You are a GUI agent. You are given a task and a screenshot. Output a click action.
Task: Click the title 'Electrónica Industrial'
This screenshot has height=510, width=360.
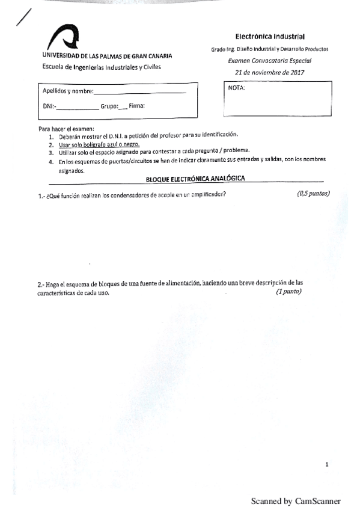[270, 37]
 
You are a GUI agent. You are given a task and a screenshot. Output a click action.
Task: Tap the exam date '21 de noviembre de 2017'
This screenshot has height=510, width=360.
[270, 72]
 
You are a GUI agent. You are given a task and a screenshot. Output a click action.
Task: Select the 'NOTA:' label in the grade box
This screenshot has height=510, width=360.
[237, 88]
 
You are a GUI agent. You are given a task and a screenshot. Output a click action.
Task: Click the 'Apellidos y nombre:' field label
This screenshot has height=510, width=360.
[68, 91]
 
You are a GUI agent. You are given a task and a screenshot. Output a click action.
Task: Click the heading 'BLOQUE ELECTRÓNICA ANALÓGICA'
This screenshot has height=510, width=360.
[195, 179]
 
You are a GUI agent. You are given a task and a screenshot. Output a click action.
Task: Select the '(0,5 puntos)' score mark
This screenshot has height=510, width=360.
[313, 194]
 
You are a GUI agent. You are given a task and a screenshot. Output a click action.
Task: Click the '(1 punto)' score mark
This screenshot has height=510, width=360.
[288, 292]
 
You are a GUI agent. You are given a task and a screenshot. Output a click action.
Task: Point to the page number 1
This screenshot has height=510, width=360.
[326, 464]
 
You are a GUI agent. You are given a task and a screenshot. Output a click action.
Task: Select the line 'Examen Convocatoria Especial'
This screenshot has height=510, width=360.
[270, 61]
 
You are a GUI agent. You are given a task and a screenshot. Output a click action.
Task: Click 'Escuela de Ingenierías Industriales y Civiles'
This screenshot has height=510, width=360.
[100, 67]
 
